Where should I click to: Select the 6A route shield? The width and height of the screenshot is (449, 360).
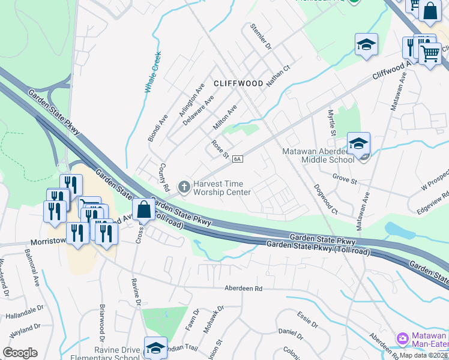click(238, 159)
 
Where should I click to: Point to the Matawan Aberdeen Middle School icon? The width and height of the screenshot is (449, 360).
click(358, 145)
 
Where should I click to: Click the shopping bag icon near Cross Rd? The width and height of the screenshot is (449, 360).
click(143, 211)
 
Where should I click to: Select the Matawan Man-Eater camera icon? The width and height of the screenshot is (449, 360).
click(402, 340)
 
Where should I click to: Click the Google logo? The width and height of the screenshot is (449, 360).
click(20, 353)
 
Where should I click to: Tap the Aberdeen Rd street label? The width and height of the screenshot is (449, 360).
click(243, 289)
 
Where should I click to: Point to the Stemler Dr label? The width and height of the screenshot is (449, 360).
click(261, 37)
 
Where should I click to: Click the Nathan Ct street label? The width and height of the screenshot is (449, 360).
click(279, 77)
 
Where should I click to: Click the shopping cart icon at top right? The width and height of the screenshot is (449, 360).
click(430, 54)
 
